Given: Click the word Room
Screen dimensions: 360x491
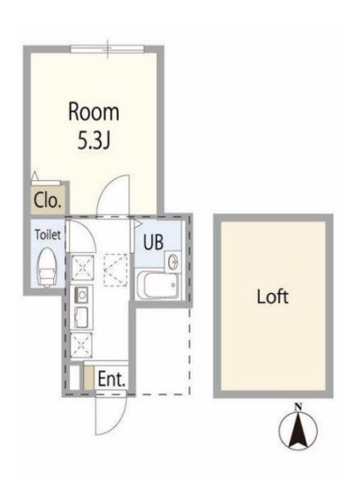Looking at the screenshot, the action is (x=93, y=113).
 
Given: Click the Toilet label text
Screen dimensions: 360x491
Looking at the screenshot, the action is (x=47, y=235).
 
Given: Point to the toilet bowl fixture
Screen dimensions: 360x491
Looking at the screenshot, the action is (x=47, y=267).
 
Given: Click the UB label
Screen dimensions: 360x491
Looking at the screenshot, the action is (x=153, y=242).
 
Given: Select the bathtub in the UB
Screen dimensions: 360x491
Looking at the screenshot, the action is (x=158, y=284).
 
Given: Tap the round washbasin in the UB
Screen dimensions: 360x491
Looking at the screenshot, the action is (x=172, y=261).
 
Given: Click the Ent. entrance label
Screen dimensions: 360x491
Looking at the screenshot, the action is (x=112, y=378).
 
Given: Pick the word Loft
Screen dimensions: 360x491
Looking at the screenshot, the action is (x=272, y=297).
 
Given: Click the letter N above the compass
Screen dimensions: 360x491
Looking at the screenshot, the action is (x=298, y=407).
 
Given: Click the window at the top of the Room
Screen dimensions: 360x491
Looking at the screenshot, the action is (x=108, y=49).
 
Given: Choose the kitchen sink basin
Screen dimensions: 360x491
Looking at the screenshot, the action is (x=81, y=317).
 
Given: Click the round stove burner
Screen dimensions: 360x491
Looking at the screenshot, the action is (x=82, y=295).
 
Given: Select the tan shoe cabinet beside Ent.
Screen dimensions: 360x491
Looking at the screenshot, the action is (x=89, y=378).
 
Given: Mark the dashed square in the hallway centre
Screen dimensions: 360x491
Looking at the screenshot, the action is (x=116, y=270).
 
